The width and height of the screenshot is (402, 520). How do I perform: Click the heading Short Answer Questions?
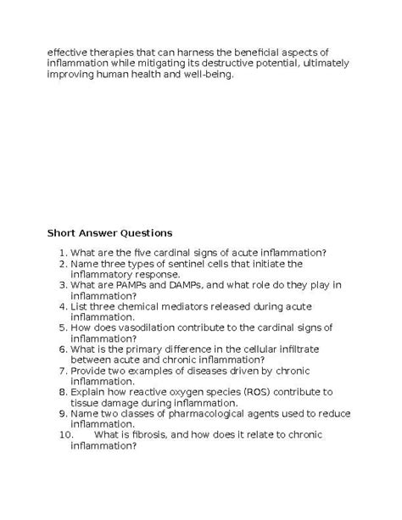[x=109, y=232]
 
